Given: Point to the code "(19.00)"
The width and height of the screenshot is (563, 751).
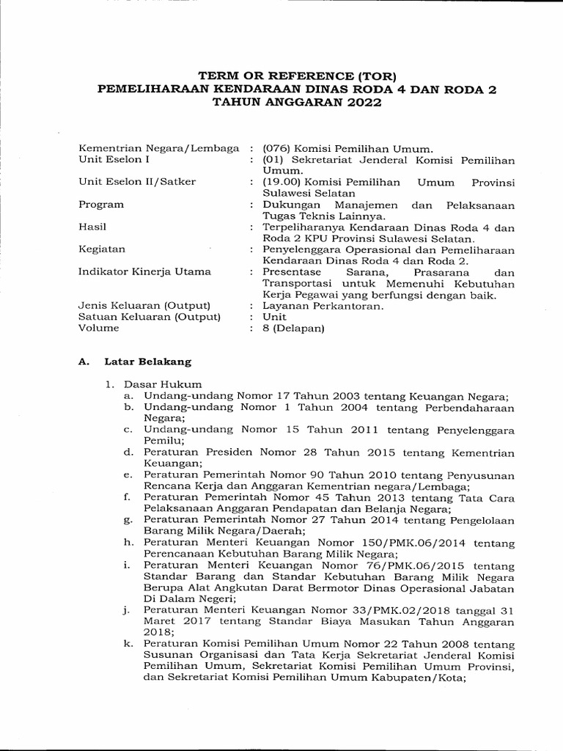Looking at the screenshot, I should click(282, 182).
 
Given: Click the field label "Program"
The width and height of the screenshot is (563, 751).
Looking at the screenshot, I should click(101, 205).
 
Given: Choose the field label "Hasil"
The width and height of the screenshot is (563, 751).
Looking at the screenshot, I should click(92, 227).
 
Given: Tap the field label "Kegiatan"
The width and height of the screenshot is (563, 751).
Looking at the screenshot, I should click(102, 249).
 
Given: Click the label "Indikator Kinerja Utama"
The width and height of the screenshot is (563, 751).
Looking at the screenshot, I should click(144, 271).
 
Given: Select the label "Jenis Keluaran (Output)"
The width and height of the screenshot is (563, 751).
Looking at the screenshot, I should click(144, 305).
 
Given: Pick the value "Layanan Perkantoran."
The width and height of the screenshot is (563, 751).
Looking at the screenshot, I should click(322, 306).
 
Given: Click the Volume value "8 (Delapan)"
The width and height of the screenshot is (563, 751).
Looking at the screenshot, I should click(293, 329).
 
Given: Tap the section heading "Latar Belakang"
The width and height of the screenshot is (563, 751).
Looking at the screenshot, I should click(147, 362).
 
